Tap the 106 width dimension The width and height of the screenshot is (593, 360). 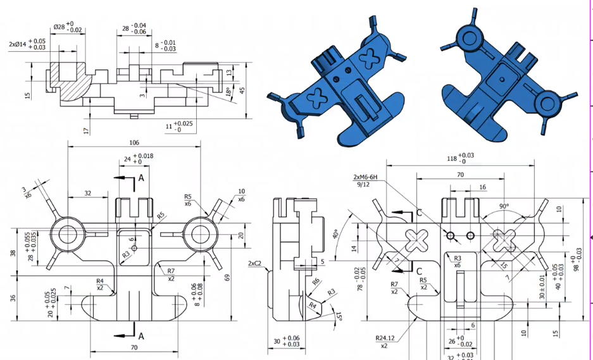(x=134, y=142)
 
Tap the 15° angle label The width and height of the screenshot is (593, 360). (x=340, y=316)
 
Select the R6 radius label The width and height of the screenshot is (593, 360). (x=315, y=281)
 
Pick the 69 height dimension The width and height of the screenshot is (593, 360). (x=227, y=278)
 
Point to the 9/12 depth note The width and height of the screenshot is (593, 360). (x=363, y=185)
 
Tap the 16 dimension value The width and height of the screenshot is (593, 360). (x=483, y=187)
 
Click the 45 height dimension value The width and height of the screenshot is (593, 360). (x=242, y=90)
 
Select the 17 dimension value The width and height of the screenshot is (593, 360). (x=86, y=130)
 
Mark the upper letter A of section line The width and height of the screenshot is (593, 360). (x=141, y=179)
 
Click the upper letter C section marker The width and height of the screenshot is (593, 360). (x=418, y=213)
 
